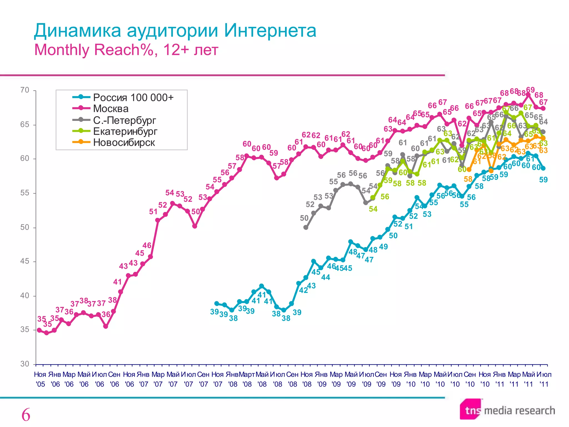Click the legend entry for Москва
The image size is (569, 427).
pyautogui.click(x=111, y=109)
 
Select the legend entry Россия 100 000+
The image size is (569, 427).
pyautogui.click(x=133, y=98)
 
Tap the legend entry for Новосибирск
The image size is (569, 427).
pyautogui.click(x=124, y=143)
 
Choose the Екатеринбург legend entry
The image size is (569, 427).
pyautogui.click(x=125, y=131)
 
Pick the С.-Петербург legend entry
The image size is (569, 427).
pyautogui.click(x=124, y=120)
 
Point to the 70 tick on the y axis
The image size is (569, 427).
pyautogui.click(x=25, y=90)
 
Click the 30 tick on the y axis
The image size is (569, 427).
pyautogui.click(x=25, y=364)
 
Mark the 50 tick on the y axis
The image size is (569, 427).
pyautogui.click(x=25, y=227)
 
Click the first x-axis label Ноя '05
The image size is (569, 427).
pyautogui.click(x=40, y=379)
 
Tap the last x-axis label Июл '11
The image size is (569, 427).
pyautogui.click(x=544, y=379)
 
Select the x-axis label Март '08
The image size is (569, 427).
pyautogui.click(x=247, y=379)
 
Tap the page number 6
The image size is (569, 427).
pyautogui.click(x=26, y=415)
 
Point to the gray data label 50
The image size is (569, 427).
pyautogui.click(x=304, y=218)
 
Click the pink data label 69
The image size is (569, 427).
pyautogui.click(x=530, y=90)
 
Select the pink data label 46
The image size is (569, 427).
pyautogui.click(x=147, y=245)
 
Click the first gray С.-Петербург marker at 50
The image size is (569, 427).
pyautogui.click(x=306, y=227)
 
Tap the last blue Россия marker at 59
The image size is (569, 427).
pyautogui.click(x=543, y=168)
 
